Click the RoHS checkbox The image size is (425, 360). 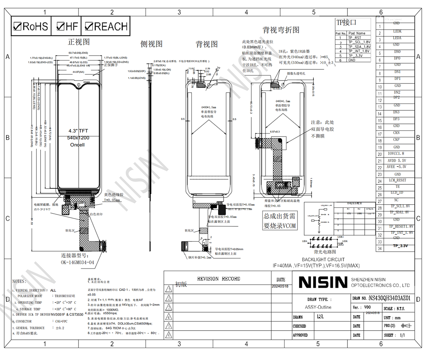click(x=17, y=26)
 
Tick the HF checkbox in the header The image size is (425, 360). click(x=61, y=26)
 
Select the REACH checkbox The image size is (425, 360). click(x=89, y=26)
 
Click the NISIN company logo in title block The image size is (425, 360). click(x=323, y=282)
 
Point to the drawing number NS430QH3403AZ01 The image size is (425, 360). click(x=389, y=298)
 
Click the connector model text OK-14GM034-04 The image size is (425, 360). click(x=78, y=262)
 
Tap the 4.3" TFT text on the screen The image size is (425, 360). click(x=78, y=131)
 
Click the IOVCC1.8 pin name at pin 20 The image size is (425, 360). click(x=396, y=154)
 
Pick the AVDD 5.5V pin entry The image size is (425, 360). click(x=397, y=160)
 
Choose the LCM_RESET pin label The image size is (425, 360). click(x=397, y=180)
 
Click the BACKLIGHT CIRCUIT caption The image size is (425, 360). click(x=323, y=259)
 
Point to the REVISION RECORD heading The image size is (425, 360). click(x=219, y=279)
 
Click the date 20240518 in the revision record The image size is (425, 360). click(x=280, y=286)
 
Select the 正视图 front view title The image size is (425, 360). click(x=79, y=42)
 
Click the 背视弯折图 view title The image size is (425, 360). click(x=280, y=30)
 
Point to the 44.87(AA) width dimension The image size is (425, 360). click(x=78, y=72)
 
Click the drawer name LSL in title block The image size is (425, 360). click(x=320, y=316)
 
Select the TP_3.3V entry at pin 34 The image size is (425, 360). click(x=400, y=246)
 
